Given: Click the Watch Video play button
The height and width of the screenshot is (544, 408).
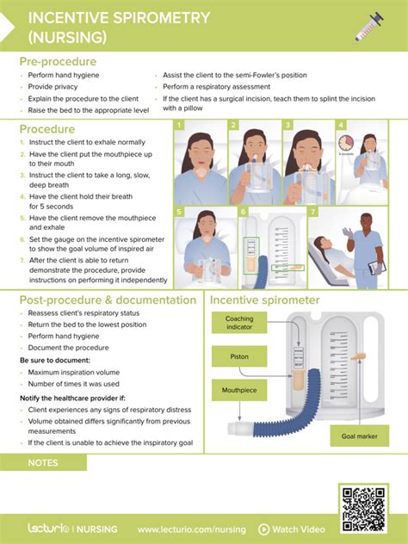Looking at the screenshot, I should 264,529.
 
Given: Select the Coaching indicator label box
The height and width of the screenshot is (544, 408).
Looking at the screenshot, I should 239,324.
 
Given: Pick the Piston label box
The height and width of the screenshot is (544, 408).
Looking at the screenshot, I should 239,355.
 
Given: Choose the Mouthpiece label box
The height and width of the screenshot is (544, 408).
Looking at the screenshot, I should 239,388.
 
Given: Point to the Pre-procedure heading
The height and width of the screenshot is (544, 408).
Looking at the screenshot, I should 58,62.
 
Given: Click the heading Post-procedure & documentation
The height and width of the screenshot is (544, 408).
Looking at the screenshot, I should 108,300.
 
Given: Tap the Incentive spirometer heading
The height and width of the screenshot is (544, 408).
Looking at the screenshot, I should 266,300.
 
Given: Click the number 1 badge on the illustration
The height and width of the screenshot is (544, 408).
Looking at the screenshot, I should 179,126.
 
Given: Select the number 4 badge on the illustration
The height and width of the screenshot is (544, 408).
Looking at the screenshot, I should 342,126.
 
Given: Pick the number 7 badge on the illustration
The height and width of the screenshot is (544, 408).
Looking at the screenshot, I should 313,211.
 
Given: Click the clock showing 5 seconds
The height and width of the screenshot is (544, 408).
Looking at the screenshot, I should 346,142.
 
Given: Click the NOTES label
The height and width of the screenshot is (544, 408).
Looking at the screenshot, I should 43,463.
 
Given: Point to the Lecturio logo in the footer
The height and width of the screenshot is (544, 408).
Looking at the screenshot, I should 46,529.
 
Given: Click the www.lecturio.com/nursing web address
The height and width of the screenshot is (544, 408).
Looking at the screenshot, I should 191,529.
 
